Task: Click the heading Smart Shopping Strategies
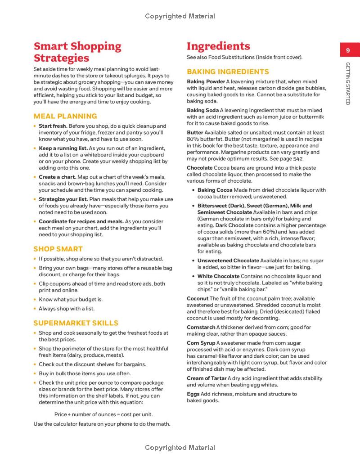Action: point(77,52)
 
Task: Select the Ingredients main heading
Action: point(218,46)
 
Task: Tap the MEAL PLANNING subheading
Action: point(65,116)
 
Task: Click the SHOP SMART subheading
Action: point(58,249)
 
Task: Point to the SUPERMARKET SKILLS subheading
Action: point(76,323)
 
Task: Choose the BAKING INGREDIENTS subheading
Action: point(228,72)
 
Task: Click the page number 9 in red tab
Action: point(348,51)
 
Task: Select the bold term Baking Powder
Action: point(206,81)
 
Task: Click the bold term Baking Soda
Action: point(202,110)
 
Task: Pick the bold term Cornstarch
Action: point(201,327)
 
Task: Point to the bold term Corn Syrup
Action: point(201,343)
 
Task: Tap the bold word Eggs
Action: point(193,394)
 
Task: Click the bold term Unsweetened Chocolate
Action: point(228,261)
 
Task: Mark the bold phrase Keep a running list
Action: point(63,148)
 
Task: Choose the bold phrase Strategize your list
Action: point(63,199)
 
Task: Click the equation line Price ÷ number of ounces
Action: point(103,414)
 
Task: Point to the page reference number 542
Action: point(297,158)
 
